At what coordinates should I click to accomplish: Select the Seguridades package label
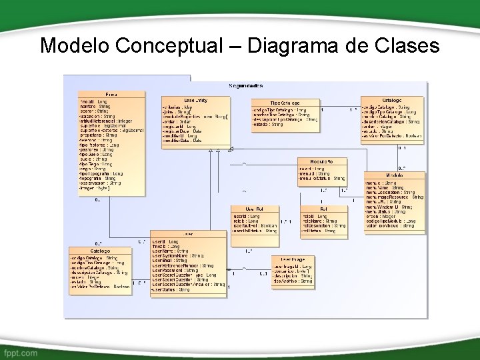click(246, 86)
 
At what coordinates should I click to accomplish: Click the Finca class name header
click(111, 95)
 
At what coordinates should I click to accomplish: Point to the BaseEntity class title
click(195, 100)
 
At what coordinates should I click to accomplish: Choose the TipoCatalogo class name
click(285, 103)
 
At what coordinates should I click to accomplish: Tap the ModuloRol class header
click(321, 161)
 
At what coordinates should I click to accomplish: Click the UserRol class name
click(253, 209)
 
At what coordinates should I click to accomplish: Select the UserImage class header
click(292, 259)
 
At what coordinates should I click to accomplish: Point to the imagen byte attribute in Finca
click(93, 189)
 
